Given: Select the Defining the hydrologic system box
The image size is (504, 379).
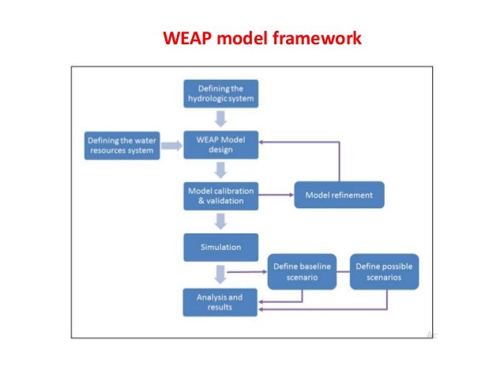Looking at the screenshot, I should pyautogui.click(x=221, y=93).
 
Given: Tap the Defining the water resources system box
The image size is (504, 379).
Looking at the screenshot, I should pyautogui.click(x=122, y=145).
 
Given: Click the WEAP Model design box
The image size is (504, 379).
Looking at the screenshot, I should pyautogui.click(x=221, y=145).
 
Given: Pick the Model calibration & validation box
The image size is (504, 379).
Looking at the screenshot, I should pyautogui.click(x=221, y=195).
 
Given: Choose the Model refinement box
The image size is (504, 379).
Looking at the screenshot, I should pyautogui.click(x=340, y=195).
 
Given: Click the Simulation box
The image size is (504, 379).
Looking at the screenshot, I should pyautogui.click(x=221, y=247).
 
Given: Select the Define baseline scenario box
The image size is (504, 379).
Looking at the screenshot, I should pyautogui.click(x=303, y=273).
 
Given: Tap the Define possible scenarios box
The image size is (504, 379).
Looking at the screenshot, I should pyautogui.click(x=384, y=273).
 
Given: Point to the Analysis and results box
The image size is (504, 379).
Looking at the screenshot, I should pyautogui.click(x=221, y=301).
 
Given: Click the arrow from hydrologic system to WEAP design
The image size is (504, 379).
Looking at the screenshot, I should pyautogui.click(x=221, y=118).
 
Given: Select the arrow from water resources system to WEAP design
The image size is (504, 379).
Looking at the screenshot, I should pyautogui.click(x=171, y=145).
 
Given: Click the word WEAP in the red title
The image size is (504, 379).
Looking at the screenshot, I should pyautogui.click(x=181, y=37).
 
